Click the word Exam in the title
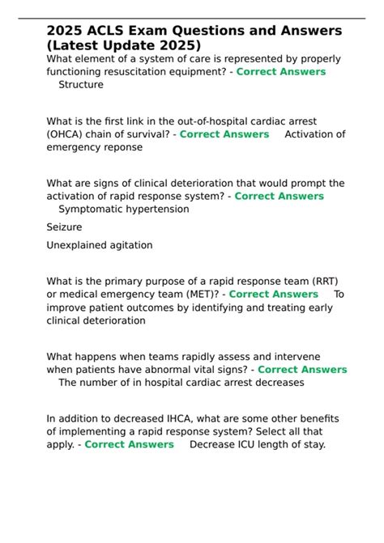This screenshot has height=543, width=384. (149, 31)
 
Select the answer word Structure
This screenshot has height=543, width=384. (81, 84)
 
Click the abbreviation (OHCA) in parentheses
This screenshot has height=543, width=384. (67, 134)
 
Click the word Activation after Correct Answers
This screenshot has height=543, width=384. (314, 134)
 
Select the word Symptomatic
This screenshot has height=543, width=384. (93, 209)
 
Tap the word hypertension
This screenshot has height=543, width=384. (160, 209)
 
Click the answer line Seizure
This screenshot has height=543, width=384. (64, 227)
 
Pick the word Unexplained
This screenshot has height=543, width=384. (79, 245)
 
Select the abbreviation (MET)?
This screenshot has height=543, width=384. (198, 295)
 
